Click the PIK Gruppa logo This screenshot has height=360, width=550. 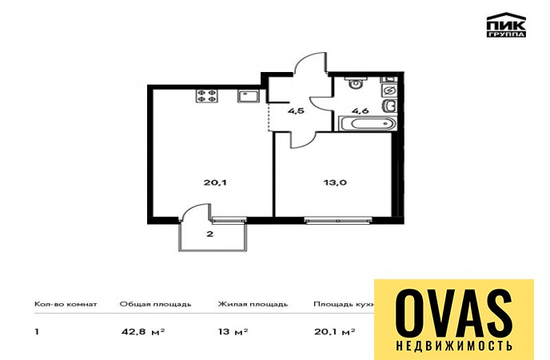coord(506,25)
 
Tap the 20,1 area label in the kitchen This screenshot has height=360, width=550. coord(215,182)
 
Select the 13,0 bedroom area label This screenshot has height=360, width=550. coord(335,182)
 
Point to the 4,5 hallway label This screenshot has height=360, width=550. coord(296,111)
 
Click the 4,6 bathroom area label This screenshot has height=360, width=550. coord(361,111)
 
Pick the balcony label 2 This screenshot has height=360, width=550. coord(209,234)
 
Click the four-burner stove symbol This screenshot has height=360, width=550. coord(206,96)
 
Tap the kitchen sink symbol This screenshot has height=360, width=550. coord(249,96)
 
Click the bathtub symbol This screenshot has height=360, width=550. coord(367,124)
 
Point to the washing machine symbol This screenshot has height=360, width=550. coord(389,90)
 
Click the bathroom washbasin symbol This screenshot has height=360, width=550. coord(390,105)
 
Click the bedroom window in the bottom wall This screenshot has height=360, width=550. coord(338,220)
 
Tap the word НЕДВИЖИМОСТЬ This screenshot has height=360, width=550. coord(454,346)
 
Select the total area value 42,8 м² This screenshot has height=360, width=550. coord(143,331)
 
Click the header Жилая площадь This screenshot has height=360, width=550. coord(253,304)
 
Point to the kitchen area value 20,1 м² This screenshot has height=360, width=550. coord(335,331)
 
